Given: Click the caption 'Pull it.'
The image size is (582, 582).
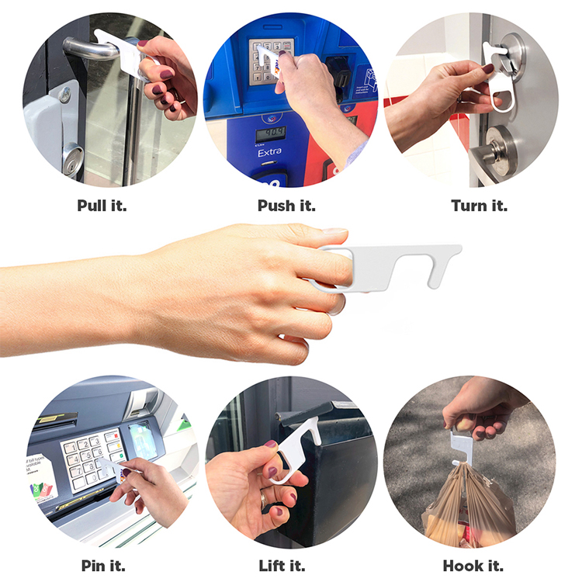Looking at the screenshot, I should pos(102,206).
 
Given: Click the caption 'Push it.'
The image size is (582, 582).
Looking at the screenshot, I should pos(288,206).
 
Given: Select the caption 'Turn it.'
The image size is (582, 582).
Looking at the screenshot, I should pos(479,206).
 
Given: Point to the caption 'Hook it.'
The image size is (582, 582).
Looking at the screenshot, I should pos(474,565).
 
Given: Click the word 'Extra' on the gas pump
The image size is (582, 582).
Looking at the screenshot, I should pos(270,153).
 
